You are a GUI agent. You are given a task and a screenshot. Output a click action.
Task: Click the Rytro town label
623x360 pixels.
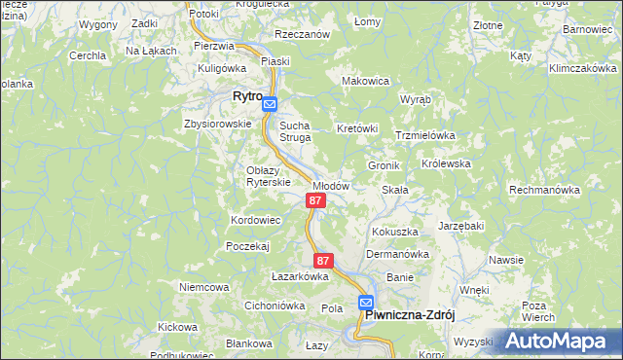point(248,96)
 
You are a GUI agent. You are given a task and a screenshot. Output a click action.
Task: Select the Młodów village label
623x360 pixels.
point(330,185)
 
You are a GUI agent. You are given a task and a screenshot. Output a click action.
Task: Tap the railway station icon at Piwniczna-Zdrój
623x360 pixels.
point(365,303)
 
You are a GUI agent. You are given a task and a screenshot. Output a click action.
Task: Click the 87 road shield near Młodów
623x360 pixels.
point(314,200)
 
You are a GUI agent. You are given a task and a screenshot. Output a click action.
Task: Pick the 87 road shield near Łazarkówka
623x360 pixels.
point(324,261)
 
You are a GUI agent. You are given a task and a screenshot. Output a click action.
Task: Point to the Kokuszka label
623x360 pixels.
point(394,233)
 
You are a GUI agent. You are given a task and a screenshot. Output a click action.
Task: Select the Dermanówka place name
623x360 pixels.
point(397,255)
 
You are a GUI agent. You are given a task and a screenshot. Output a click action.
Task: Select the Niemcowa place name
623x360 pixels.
point(203,287)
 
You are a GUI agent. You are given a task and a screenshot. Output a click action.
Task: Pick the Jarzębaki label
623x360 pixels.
point(460,225)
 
